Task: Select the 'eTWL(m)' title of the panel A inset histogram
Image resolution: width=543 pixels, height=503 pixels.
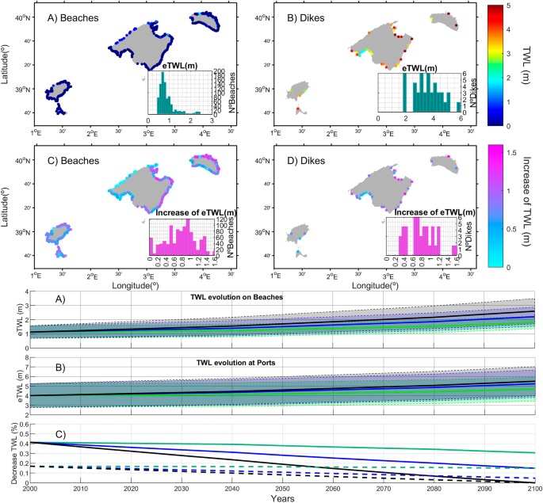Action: pos(175,63)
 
